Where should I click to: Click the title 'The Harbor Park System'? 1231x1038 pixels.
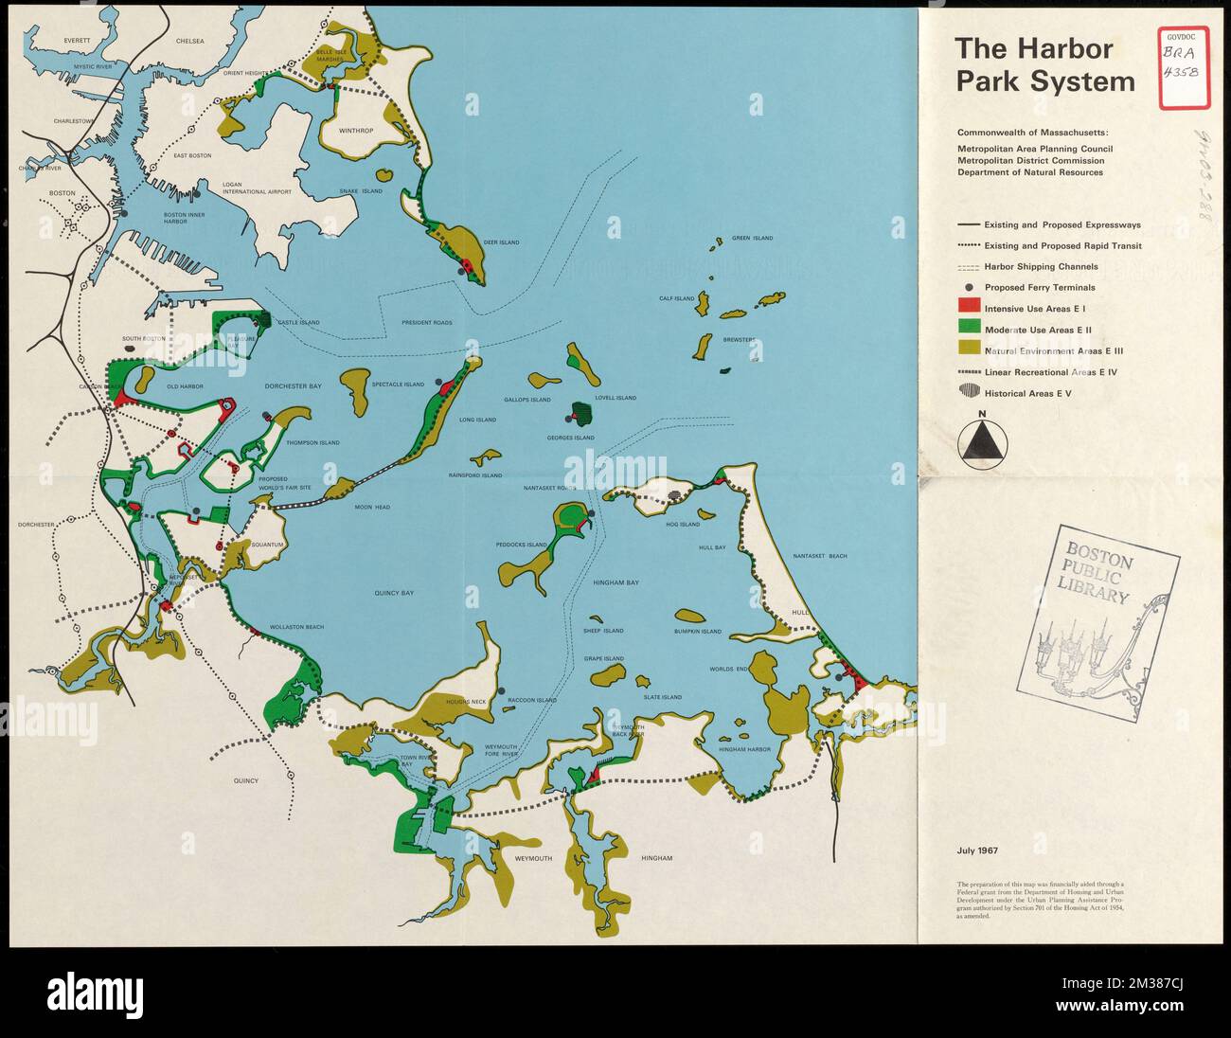[x=1044, y=65]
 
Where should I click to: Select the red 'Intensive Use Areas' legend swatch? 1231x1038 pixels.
[x=967, y=308]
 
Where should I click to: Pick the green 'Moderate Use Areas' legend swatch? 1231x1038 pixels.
[x=967, y=329]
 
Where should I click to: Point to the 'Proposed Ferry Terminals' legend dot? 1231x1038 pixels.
[x=968, y=287]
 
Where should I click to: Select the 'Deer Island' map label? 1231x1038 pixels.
[x=501, y=242]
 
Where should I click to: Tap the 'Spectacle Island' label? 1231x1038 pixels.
[x=398, y=385]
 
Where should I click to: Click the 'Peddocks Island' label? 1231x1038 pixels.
[x=522, y=545]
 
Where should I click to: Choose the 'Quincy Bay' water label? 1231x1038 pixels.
[x=394, y=593]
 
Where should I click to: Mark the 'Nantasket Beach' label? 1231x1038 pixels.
[x=820, y=557]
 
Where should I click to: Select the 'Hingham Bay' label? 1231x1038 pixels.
[x=617, y=583]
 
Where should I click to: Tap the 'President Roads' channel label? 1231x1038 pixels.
[x=427, y=323]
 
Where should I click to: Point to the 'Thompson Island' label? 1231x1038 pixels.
[x=312, y=442]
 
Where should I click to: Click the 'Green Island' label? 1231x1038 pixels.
[x=753, y=239]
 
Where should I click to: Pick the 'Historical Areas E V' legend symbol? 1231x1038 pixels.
[x=967, y=392]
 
